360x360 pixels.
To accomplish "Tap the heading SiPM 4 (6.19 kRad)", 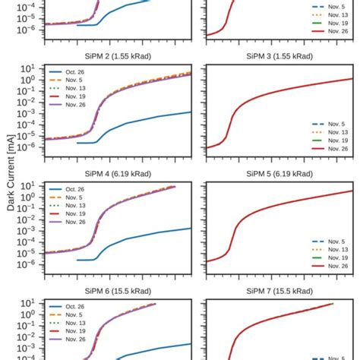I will (117, 174).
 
